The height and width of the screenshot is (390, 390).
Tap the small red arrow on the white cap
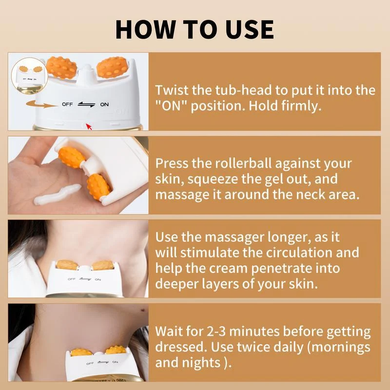(x=89, y=127)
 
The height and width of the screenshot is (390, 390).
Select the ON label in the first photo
(x=104, y=104)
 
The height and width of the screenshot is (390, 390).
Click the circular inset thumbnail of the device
(x=25, y=76)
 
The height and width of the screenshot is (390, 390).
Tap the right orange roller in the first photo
(x=113, y=68)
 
